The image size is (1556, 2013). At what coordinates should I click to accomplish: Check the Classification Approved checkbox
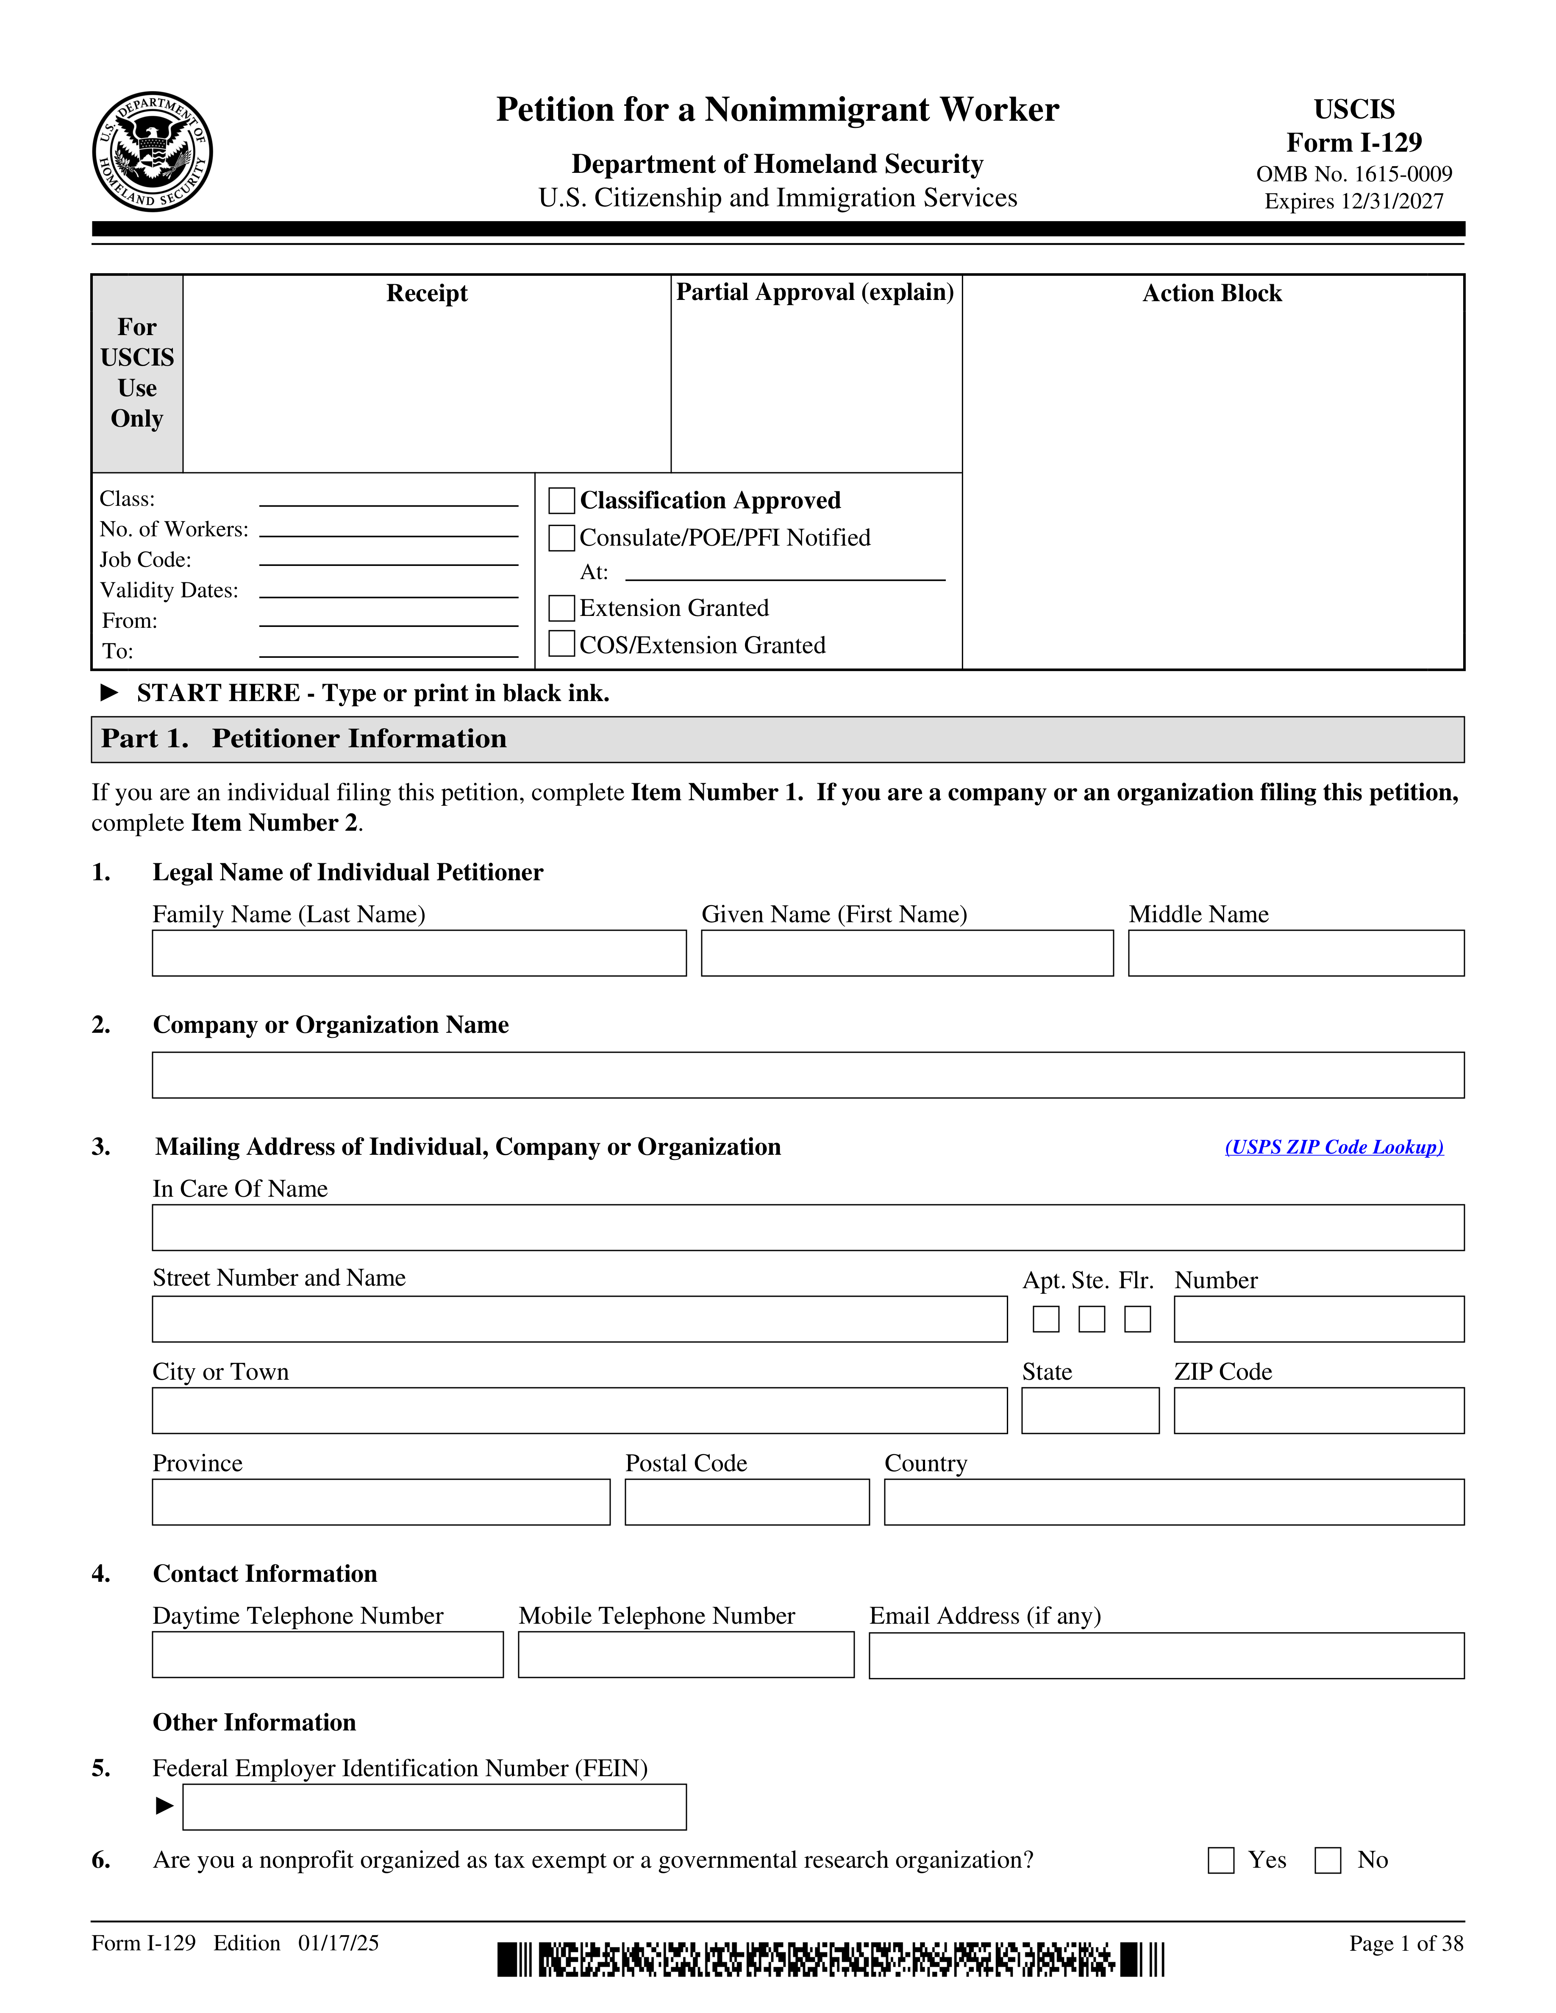pos(561,500)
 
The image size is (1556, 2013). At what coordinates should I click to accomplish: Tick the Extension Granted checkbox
pos(561,608)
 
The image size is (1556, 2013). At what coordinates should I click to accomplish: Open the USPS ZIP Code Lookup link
pos(1333,1147)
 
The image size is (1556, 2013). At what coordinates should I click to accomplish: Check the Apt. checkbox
pos(1045,1319)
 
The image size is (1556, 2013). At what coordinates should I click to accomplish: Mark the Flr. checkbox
pos(1137,1319)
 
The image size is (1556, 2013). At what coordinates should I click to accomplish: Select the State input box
pos(1089,1410)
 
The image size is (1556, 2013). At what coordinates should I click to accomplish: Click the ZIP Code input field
pos(1318,1410)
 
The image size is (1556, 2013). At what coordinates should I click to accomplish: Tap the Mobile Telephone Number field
pos(686,1655)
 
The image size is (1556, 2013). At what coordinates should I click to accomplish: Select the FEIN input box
pos(434,1807)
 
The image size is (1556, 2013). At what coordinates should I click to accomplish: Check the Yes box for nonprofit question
pos(1220,1860)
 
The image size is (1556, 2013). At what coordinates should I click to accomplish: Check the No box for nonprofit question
pos(1328,1860)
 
